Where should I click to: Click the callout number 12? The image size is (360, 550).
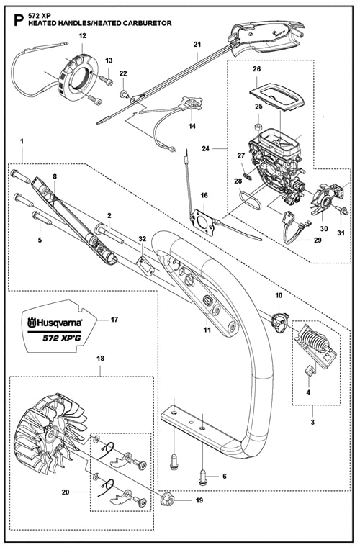click(83, 36)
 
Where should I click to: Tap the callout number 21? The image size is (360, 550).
click(197, 45)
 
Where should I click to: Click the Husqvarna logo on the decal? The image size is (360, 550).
click(55, 322)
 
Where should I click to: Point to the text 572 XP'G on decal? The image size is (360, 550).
click(62, 338)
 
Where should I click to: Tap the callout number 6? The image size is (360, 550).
click(225, 476)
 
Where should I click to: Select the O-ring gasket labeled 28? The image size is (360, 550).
click(250, 199)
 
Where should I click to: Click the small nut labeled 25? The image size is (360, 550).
click(258, 126)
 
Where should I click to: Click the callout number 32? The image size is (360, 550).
click(142, 238)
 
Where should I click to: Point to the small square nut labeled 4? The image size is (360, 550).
click(309, 371)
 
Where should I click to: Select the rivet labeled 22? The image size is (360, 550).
click(124, 94)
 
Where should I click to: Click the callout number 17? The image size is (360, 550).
click(114, 320)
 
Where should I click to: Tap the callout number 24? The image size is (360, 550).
click(206, 148)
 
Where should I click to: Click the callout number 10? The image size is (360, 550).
click(279, 295)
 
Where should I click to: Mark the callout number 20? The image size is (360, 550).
click(66, 492)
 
